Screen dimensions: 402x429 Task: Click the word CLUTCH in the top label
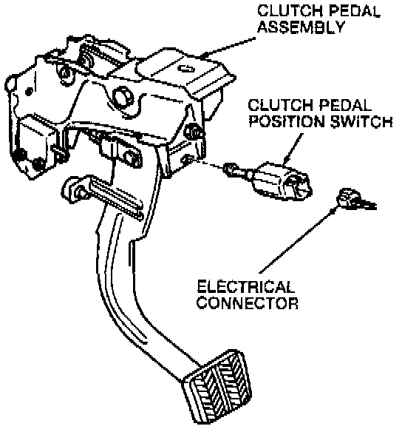click(x=290, y=11)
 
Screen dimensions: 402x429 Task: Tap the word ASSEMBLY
click(x=301, y=27)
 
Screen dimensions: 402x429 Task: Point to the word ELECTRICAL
click(x=245, y=286)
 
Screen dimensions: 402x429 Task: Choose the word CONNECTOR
click(x=248, y=303)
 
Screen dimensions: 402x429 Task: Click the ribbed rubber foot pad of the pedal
click(x=217, y=387)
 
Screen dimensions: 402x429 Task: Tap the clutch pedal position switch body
click(x=282, y=181)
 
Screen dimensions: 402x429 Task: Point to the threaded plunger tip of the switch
click(x=236, y=169)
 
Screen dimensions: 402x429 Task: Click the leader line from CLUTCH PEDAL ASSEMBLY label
click(x=229, y=47)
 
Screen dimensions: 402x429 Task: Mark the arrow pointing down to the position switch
click(x=293, y=149)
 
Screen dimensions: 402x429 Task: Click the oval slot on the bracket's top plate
click(x=186, y=69)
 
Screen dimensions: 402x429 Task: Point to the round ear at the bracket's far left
click(x=11, y=83)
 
